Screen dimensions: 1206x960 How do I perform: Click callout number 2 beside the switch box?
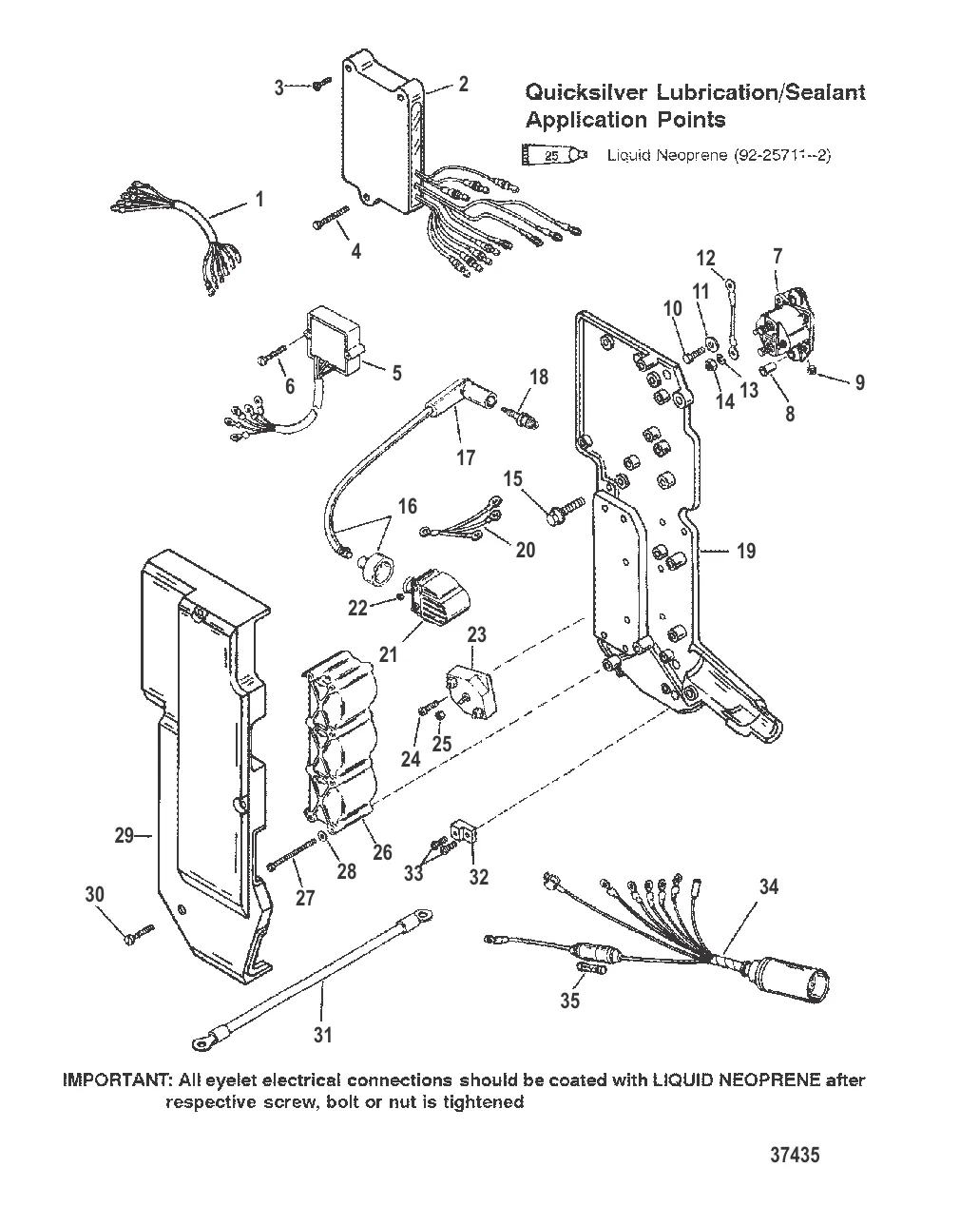[463, 84]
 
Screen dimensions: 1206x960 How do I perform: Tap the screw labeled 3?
[320, 86]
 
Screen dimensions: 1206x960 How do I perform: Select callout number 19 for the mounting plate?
[746, 550]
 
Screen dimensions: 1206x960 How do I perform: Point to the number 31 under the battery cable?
[323, 1034]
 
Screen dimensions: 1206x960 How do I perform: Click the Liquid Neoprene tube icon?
[554, 153]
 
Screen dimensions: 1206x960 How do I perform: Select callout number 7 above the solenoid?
[778, 255]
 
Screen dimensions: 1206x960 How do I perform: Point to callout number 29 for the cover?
[124, 836]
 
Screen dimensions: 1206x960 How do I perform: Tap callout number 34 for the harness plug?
[768, 886]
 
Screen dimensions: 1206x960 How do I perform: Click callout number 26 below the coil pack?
[381, 852]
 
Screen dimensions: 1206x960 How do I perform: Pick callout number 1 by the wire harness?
[259, 201]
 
